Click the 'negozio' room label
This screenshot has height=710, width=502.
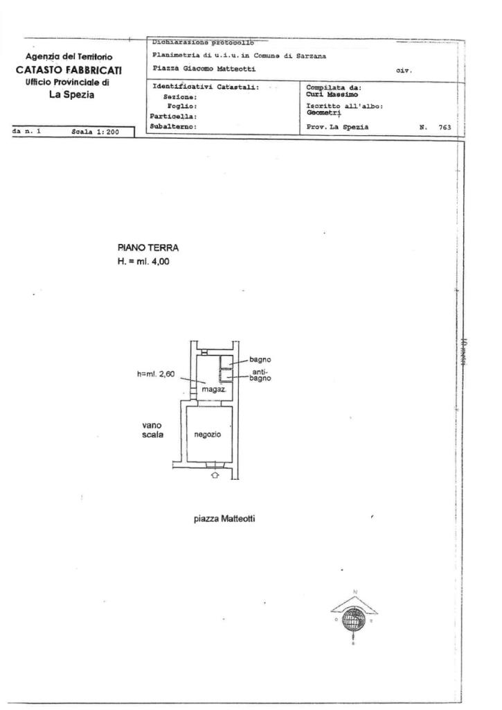coord(208,434)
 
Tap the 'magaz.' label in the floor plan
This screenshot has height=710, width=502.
coord(210,390)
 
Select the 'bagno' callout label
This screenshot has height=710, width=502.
coord(260,359)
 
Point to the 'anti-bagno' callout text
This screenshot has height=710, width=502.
coord(260,375)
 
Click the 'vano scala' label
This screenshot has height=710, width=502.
coord(152,431)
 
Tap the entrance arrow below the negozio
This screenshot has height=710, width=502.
coord(215,476)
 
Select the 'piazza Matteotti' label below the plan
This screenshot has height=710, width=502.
coord(224,518)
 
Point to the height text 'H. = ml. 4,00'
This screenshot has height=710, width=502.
coord(143,261)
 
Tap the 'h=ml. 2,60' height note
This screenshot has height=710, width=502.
coord(156,374)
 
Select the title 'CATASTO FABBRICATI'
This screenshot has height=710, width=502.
coord(69,69)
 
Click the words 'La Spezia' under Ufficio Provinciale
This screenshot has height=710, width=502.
coord(71,95)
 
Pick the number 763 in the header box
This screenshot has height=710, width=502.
coord(445,127)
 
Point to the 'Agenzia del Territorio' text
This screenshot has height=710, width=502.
coord(69,56)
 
